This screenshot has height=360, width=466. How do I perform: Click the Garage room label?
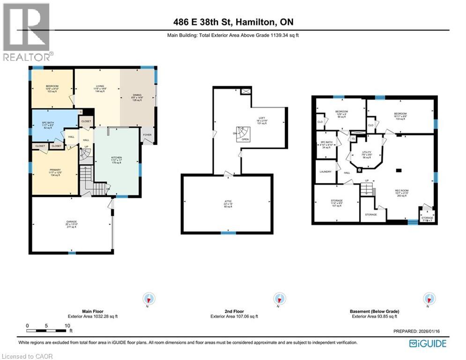(x=72, y=221)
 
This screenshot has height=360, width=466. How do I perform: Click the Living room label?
(x=99, y=86)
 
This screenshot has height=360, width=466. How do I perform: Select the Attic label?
(x=227, y=202)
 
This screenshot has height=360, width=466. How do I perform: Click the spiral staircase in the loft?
(x=242, y=133)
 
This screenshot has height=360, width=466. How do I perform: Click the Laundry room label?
(x=325, y=172)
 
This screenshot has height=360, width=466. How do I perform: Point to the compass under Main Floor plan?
(x=149, y=299)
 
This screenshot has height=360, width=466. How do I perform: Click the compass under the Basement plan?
(x=428, y=299)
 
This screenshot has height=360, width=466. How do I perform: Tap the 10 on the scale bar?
(x=67, y=325)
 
